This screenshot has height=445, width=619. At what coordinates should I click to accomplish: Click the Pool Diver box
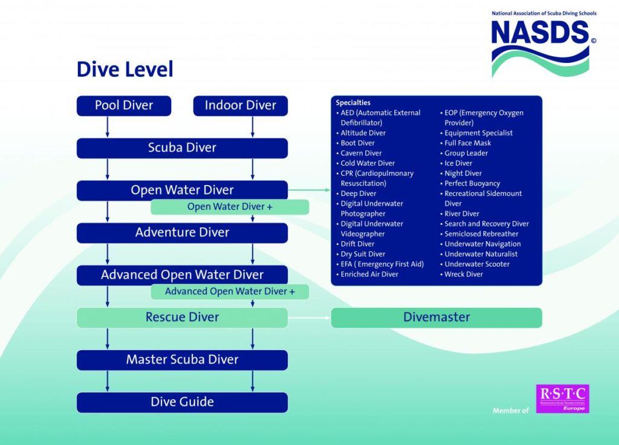[x=124, y=106]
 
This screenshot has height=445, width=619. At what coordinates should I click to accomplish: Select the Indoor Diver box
[x=240, y=106]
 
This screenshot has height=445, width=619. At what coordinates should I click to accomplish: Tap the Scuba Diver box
[x=182, y=148]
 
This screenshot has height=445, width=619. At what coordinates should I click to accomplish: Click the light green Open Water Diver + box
[x=230, y=207]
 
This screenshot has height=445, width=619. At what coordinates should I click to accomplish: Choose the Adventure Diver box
[x=182, y=233]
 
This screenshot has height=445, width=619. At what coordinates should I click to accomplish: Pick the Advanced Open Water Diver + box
[x=230, y=291]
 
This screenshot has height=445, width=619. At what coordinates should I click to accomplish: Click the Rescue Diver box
[x=182, y=317]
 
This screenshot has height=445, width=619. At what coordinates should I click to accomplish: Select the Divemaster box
[x=436, y=317]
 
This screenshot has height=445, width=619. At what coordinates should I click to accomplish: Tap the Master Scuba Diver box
[x=182, y=360]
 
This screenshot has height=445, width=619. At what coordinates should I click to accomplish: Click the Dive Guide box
[x=182, y=402]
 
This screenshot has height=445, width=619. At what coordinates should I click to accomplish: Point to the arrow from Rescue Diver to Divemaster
[x=309, y=317]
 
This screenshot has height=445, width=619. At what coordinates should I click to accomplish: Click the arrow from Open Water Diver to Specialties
[x=309, y=190]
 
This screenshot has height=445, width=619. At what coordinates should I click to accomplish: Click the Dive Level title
[x=125, y=70]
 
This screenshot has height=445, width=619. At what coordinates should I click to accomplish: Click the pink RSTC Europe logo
[x=562, y=398]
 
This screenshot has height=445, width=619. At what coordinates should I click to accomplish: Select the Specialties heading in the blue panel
[x=353, y=103]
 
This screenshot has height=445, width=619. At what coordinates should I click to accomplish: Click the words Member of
[x=511, y=411]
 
